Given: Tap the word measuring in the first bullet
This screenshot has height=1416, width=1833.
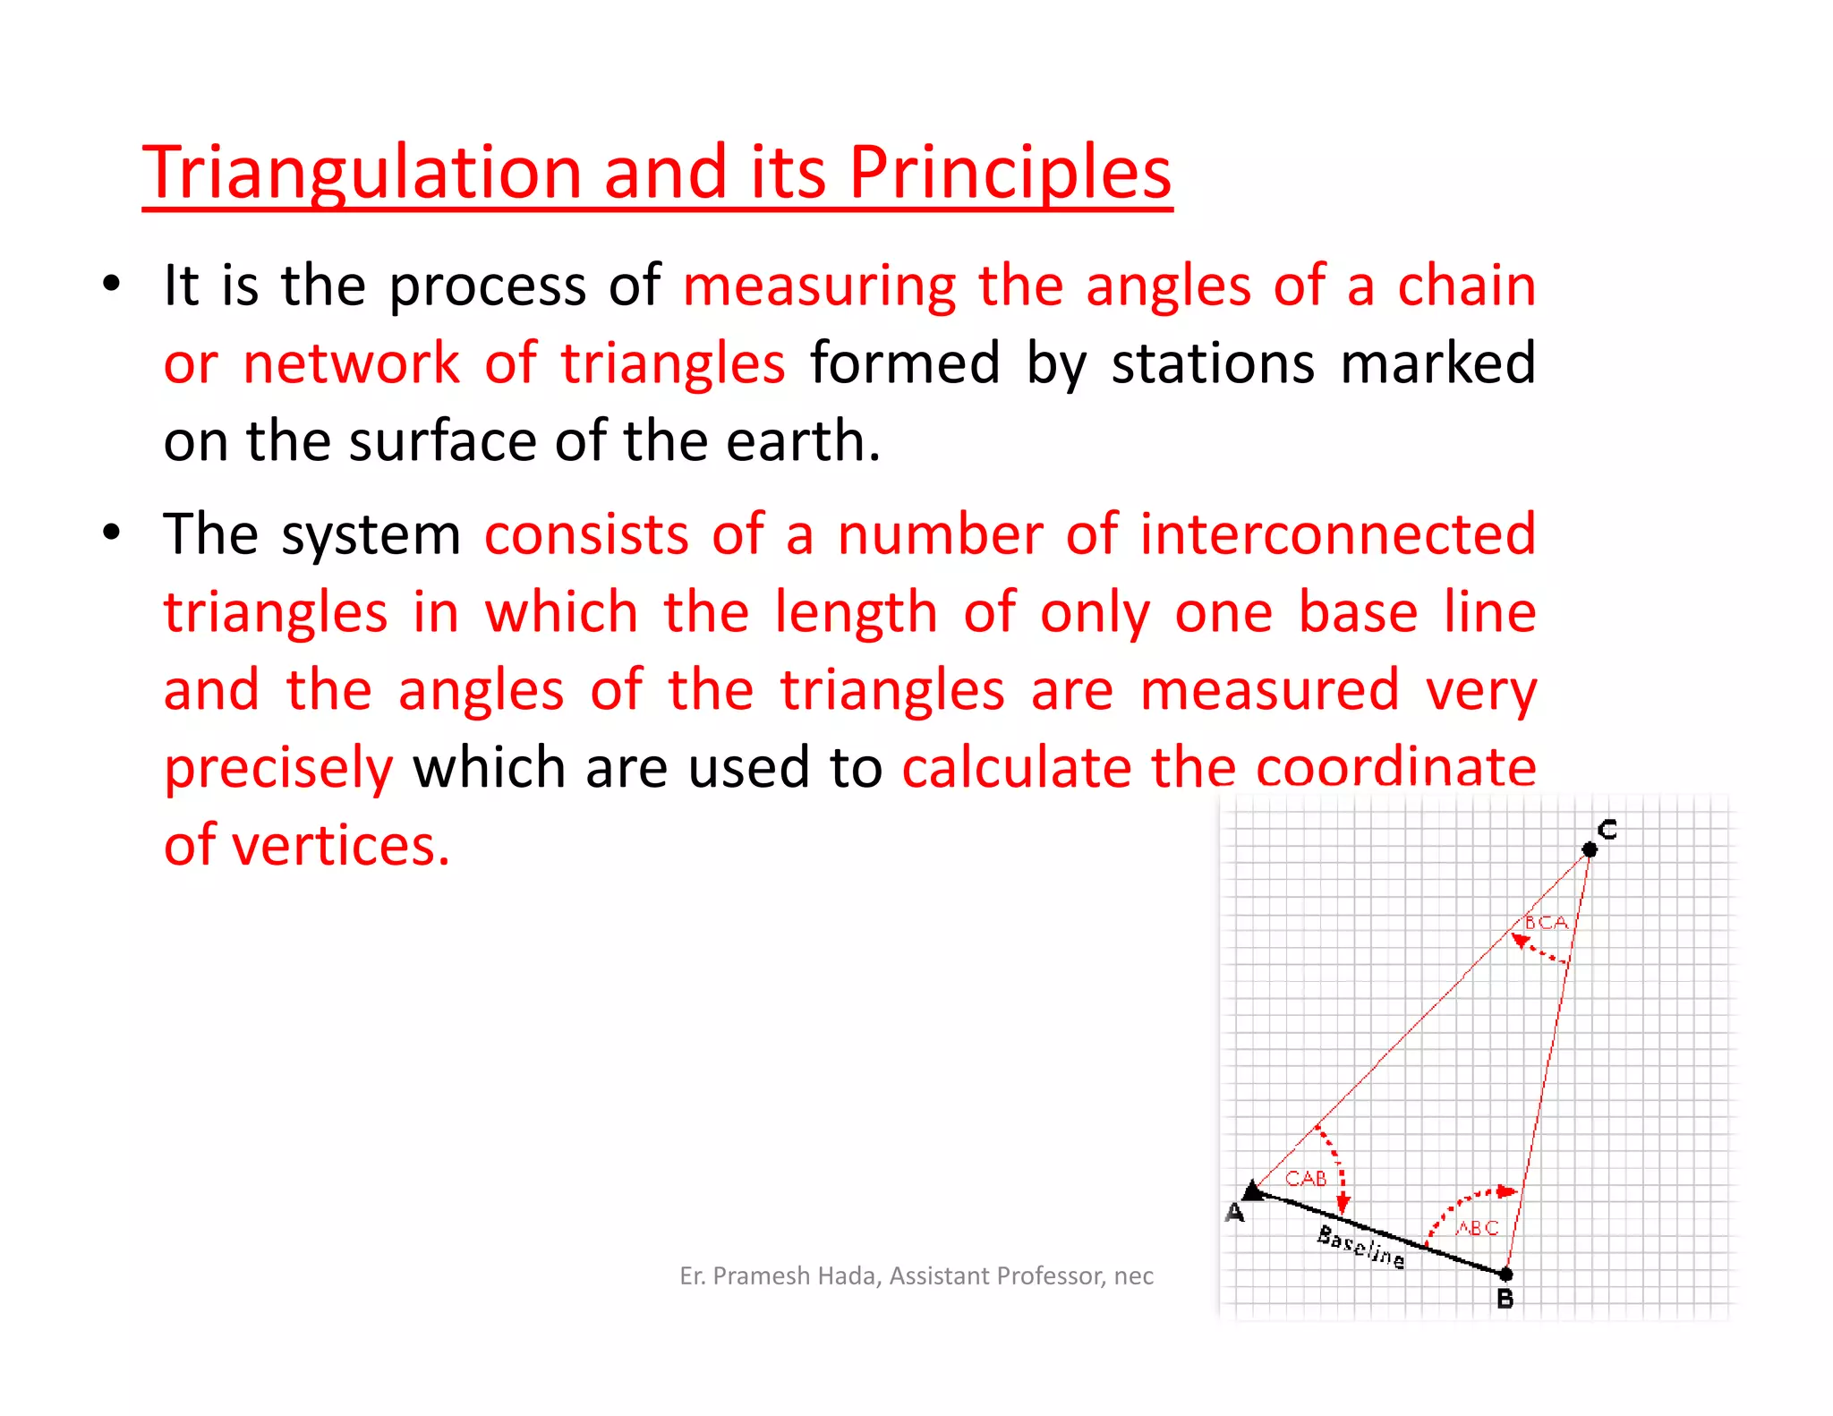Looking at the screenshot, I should pyautogui.click(x=819, y=286).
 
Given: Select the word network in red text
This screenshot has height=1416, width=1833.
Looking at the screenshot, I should pyautogui.click(x=351, y=364).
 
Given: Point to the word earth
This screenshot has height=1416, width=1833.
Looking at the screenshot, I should pyautogui.click(x=802, y=441).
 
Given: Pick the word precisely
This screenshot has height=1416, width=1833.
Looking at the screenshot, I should pyautogui.click(x=278, y=769).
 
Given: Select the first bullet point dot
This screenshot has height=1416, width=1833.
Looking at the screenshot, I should pyautogui.click(x=111, y=285).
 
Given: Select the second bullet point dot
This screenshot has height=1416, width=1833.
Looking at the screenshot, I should pyautogui.click(x=111, y=533).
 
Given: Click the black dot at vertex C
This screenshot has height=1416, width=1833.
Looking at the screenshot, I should pyautogui.click(x=1589, y=849).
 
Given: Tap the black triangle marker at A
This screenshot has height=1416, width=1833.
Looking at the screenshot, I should pyautogui.click(x=1253, y=1190).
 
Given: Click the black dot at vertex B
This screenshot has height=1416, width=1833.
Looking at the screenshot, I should pyautogui.click(x=1505, y=1273).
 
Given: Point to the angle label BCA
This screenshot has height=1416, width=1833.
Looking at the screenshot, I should pyautogui.click(x=1546, y=922).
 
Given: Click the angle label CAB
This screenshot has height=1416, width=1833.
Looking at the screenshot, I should pyautogui.click(x=1306, y=1179).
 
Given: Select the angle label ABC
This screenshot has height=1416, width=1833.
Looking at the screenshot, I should pyautogui.click(x=1477, y=1228).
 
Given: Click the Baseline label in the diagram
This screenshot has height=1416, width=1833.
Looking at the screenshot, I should pyautogui.click(x=1360, y=1247).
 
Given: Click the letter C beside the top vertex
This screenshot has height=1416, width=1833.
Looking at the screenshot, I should pyautogui.click(x=1607, y=829).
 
